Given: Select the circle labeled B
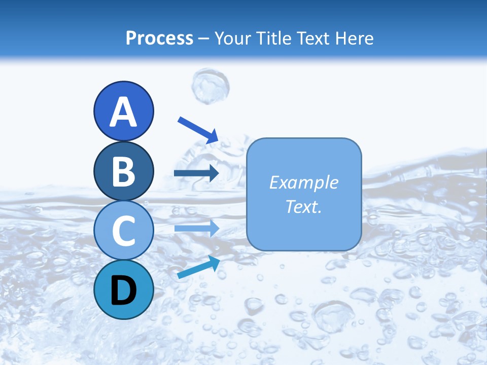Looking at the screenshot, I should point(123,171).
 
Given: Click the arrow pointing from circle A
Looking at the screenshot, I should point(197,130).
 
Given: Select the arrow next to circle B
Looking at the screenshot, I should point(196,173).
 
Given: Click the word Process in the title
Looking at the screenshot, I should point(159,39).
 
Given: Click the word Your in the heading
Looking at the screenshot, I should point(231,39).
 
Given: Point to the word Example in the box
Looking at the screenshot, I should point(303,182).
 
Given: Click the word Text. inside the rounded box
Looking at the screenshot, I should point(303,207).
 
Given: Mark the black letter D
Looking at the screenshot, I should point(123,290).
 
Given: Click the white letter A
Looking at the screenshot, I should point(123,113).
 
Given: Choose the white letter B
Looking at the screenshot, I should point(123,171).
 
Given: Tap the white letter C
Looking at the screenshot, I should point(123,231).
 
